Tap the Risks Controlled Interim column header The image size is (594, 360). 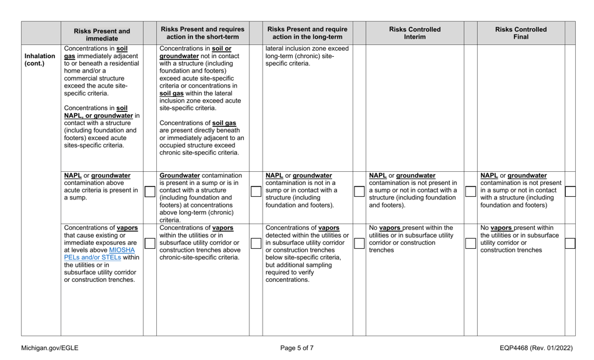pyautogui.click(x=415, y=33)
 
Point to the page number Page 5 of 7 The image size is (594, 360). pyautogui.click(x=296, y=347)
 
